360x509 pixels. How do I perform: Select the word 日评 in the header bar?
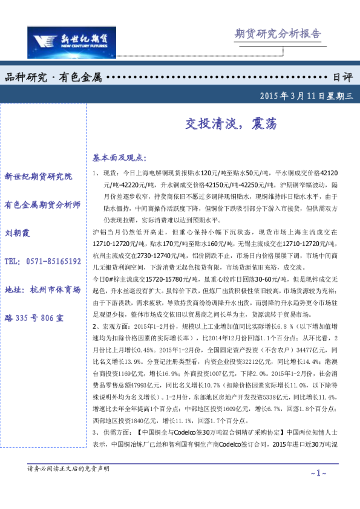coord(342,78)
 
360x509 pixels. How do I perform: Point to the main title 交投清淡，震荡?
coord(231,125)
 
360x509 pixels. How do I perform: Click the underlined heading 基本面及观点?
coord(120,158)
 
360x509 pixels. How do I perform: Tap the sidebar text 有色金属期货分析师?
coord(42,204)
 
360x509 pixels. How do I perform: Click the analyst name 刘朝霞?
coord(17,233)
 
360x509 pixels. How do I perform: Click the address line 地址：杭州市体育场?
coord(42,290)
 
